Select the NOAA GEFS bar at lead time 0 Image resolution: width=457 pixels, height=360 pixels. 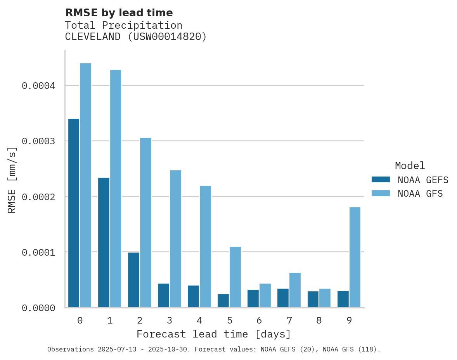click(74, 213)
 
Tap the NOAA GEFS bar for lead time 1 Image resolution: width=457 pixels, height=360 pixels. click(104, 242)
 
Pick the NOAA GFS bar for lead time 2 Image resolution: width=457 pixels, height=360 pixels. click(145, 223)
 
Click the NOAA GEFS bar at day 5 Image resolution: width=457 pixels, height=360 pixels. click(223, 301)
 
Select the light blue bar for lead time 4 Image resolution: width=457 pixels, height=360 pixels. click(205, 247)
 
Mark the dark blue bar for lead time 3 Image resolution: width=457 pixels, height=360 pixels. click(163, 296)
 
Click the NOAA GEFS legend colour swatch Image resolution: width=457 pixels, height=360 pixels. click(381, 180)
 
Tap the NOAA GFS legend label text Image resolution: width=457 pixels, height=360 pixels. click(420, 194)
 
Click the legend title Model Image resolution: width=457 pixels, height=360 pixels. click(410, 166)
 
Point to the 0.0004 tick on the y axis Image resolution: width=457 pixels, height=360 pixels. click(38, 86)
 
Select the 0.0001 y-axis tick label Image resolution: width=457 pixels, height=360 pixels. click(38, 253)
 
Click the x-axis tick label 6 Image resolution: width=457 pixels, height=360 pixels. click(259, 320)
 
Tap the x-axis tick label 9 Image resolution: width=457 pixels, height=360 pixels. click(349, 320)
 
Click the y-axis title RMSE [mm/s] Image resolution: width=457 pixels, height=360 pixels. click(12, 180)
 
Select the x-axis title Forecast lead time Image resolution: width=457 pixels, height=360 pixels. click(214, 334)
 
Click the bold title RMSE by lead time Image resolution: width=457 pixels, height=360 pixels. click(119, 13)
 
